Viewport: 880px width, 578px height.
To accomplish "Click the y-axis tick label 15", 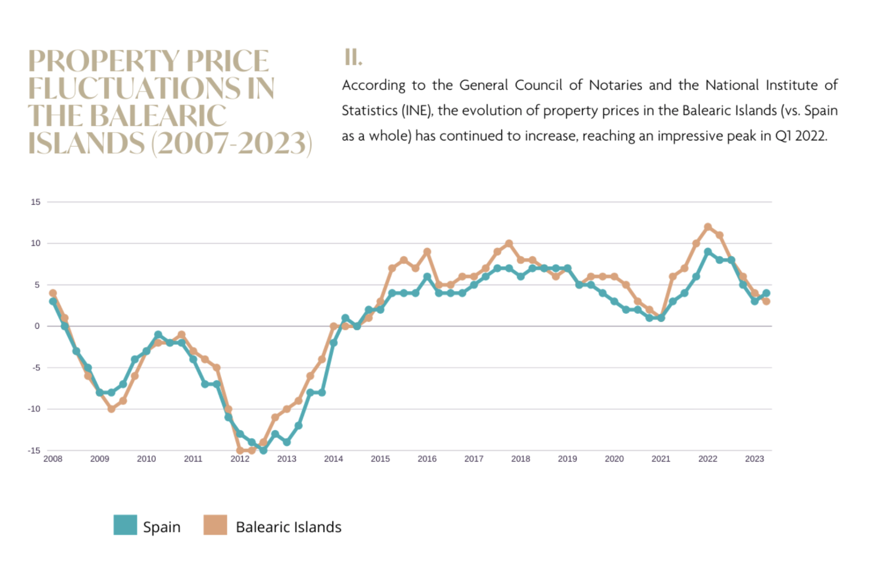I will point(36,202).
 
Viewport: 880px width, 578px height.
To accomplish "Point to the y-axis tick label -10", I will point(34,409).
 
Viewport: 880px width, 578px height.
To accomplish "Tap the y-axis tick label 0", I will point(37,326).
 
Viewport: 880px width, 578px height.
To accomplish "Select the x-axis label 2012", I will point(240,459).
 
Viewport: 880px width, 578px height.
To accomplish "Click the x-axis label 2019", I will point(567,459).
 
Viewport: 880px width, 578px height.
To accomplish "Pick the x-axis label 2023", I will point(755,459).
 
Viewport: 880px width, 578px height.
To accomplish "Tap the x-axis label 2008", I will point(53,459).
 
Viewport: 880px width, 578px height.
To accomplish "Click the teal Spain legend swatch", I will point(125,525).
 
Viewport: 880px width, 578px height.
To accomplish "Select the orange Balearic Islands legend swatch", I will point(215,525).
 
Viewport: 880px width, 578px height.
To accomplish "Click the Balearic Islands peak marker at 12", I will point(708,227).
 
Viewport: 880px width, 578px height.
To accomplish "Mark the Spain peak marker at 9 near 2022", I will point(708,252).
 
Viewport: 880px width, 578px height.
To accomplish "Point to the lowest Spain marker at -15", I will point(263,450).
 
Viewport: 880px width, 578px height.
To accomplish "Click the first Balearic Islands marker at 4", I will point(53,293).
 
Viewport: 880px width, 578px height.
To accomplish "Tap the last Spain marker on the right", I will point(766,293).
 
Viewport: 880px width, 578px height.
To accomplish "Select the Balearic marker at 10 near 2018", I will point(509,243).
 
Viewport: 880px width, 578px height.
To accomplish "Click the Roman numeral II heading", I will point(353,57).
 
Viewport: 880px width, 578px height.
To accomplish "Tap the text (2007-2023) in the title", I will point(232,143).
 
